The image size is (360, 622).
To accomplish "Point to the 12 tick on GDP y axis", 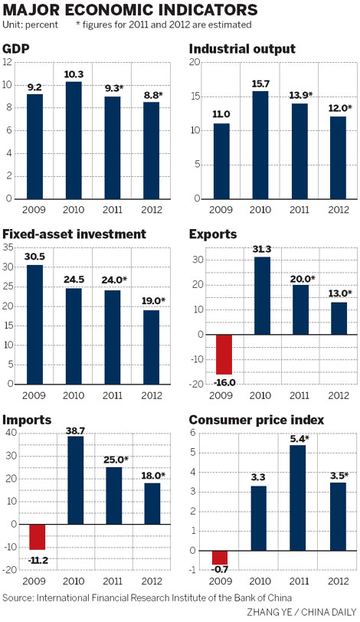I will tap(8, 61).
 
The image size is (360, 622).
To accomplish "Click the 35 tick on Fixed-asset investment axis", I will tap(8, 247).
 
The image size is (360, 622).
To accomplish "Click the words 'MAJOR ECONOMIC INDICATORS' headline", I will tap(129, 11).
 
